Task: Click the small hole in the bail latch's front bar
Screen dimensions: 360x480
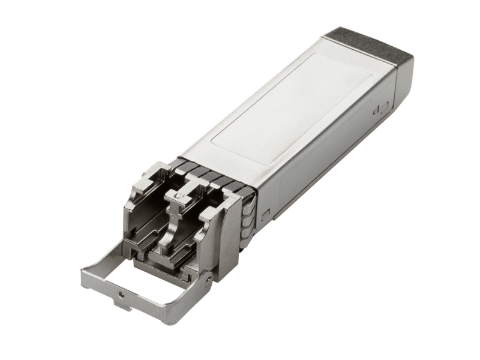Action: (x=121, y=295)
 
